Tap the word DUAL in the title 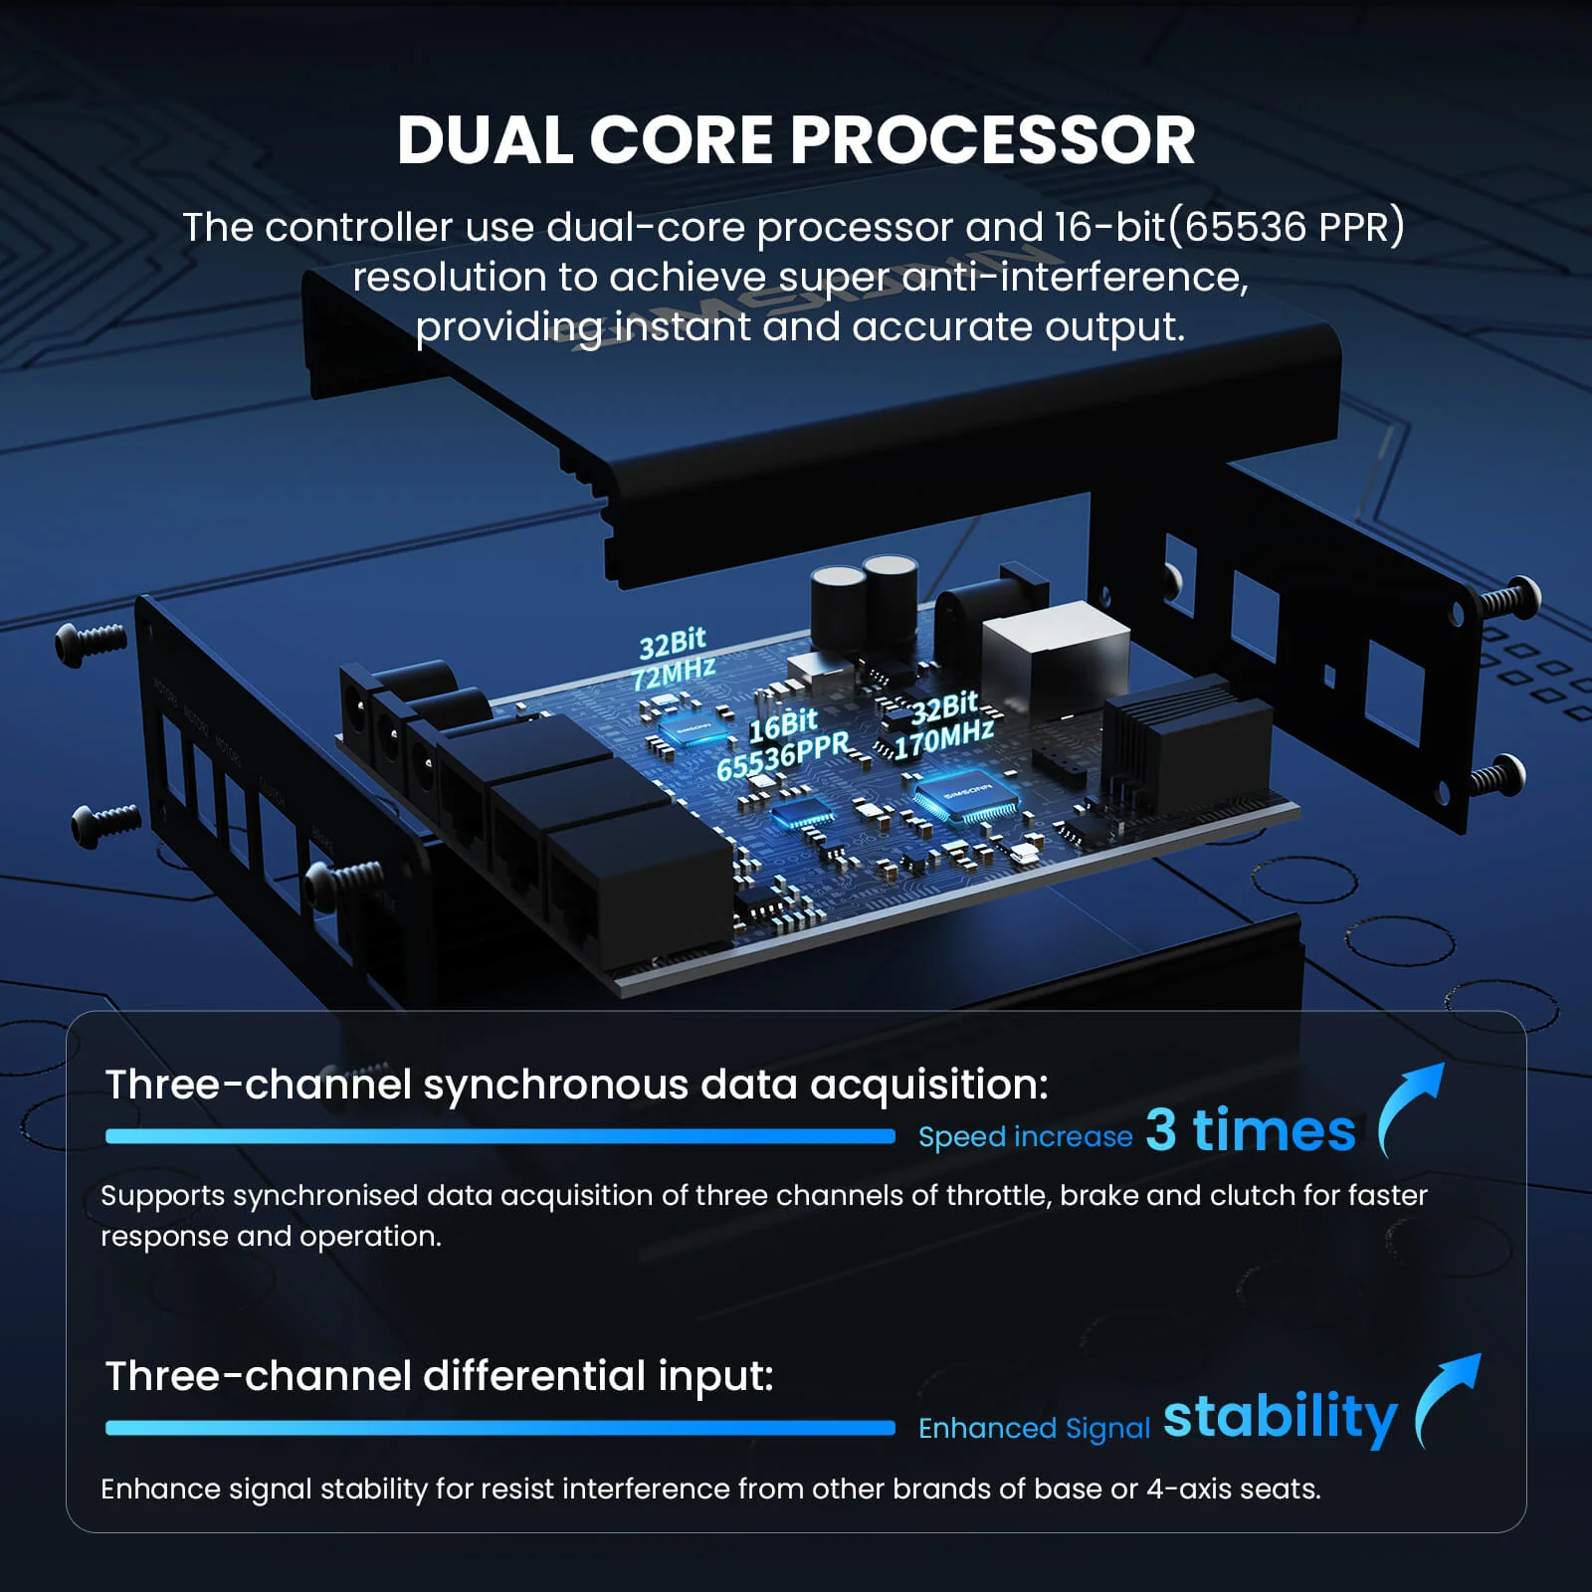coord(484,140)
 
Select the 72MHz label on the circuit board coord(674,674)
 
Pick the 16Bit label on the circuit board coord(783,724)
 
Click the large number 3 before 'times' coord(1161,1130)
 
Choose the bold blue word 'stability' coord(1280,1418)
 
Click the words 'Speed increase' coord(1025,1136)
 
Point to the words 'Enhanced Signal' coord(1034,1428)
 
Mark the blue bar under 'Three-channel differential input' coord(499,1428)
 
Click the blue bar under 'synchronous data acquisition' coord(499,1136)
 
